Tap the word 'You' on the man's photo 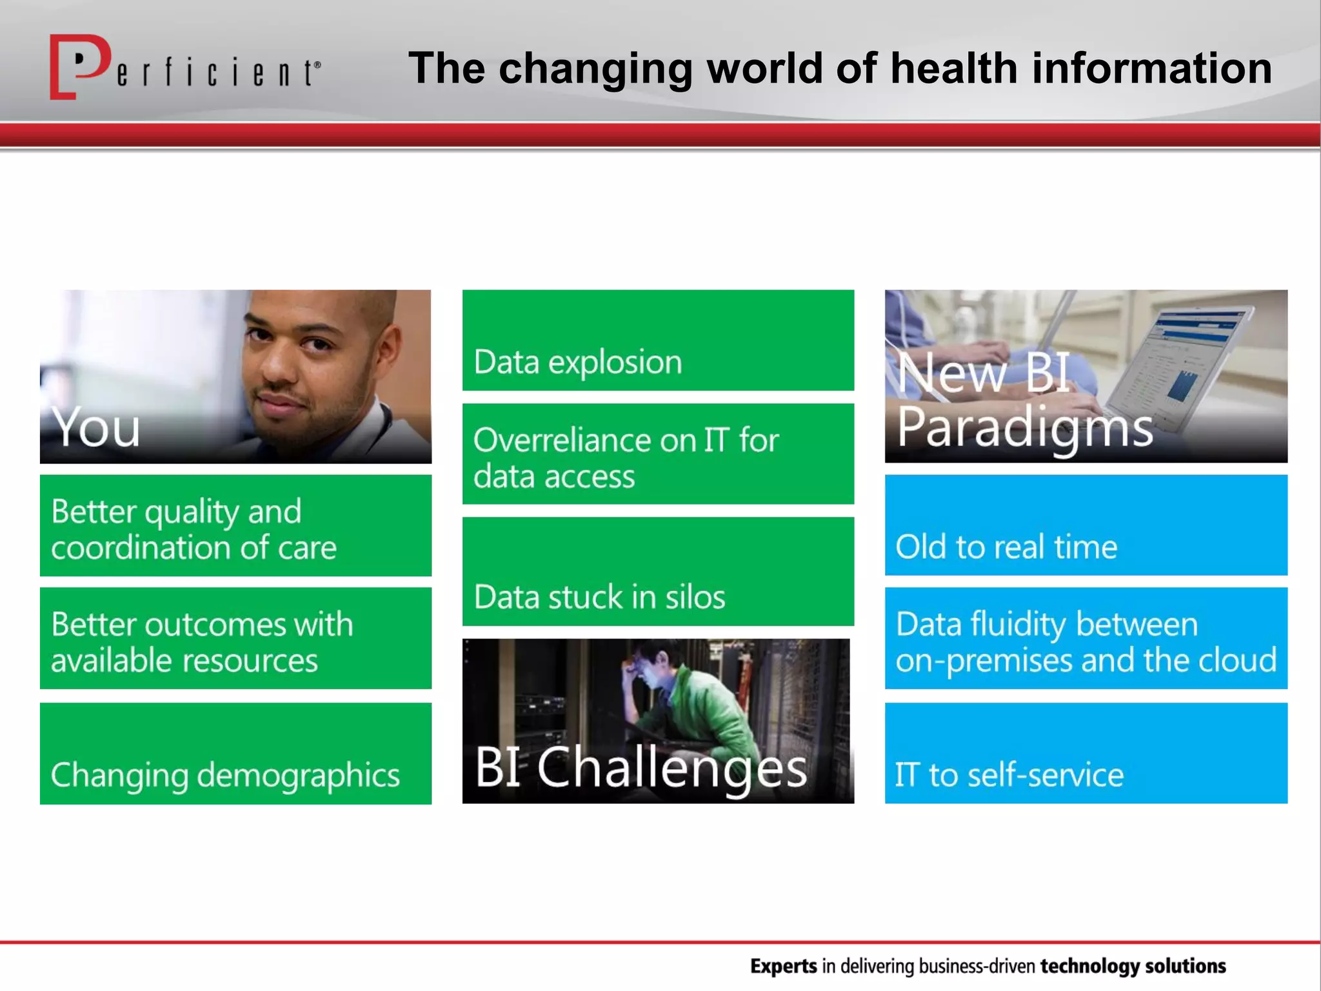(95, 428)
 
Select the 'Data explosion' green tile (658, 341)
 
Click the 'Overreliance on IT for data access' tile (658, 454)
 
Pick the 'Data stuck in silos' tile (658, 572)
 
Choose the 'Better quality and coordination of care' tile (235, 526)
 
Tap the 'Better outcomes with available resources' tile (235, 639)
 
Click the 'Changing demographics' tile (235, 754)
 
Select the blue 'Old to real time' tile (1086, 525)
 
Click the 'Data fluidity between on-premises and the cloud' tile (1086, 639)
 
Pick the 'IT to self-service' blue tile (1086, 754)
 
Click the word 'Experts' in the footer (784, 966)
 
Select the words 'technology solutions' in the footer (1133, 966)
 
